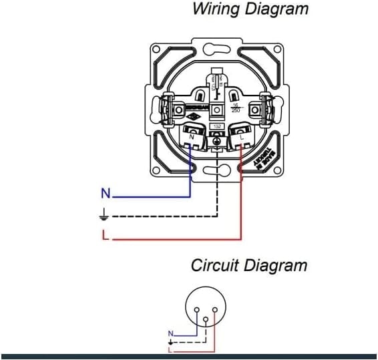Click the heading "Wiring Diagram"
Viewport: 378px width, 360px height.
[x=250, y=9]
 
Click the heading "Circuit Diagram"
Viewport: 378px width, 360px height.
[x=249, y=265]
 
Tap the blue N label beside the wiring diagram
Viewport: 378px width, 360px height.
[x=105, y=194]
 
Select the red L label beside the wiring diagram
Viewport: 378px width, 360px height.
[x=105, y=234]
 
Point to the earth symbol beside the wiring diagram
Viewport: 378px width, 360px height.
[x=104, y=215]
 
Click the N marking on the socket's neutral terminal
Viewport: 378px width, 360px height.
[x=192, y=137]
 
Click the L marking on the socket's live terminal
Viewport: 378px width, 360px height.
[x=240, y=137]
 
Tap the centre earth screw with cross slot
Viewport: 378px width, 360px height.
[x=216, y=141]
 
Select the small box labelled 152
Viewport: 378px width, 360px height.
[x=216, y=126]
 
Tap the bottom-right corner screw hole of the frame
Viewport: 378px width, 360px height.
[x=278, y=170]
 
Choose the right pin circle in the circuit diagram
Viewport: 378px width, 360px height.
[x=216, y=309]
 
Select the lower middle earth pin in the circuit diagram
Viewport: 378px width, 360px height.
[x=206, y=320]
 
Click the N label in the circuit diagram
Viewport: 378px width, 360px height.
[x=171, y=333]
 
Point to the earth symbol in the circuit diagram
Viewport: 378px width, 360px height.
[x=170, y=341]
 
